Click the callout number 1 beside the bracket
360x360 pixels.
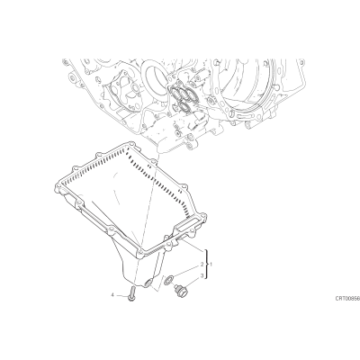coord(211,265)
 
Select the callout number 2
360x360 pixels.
coord(202,265)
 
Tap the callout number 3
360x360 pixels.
coord(202,275)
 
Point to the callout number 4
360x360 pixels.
coord(112,295)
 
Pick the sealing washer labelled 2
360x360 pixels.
coord(168,280)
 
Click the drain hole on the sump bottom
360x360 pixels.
coord(148,283)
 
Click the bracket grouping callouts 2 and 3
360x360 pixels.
coord(206,265)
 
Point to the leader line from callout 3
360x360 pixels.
coord(193,282)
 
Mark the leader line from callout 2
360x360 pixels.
coord(185,271)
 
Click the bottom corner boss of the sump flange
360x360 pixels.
coord(140,255)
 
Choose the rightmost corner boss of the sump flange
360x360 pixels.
coord(203,217)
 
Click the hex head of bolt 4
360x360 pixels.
coord(132,298)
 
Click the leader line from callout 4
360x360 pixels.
coord(121,296)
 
